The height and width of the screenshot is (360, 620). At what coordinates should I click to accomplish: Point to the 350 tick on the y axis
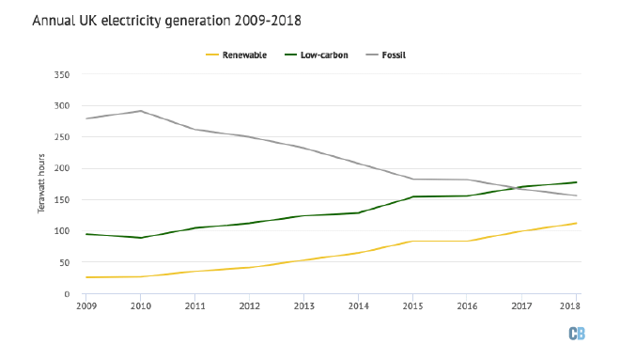(63, 74)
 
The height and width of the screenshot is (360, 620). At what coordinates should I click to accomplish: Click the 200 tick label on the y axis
(63, 168)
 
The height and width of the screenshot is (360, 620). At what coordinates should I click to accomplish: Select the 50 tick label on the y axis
(66, 262)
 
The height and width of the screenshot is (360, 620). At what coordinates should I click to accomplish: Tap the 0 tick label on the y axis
(69, 294)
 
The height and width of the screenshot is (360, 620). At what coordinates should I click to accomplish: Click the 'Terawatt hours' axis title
(42, 184)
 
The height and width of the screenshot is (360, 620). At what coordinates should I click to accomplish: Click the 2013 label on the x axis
(304, 306)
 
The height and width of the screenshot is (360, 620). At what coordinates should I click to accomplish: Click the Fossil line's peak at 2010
(140, 111)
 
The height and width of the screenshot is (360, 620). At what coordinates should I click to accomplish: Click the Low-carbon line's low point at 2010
(140, 238)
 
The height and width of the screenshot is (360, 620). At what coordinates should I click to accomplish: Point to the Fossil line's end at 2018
(576, 196)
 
